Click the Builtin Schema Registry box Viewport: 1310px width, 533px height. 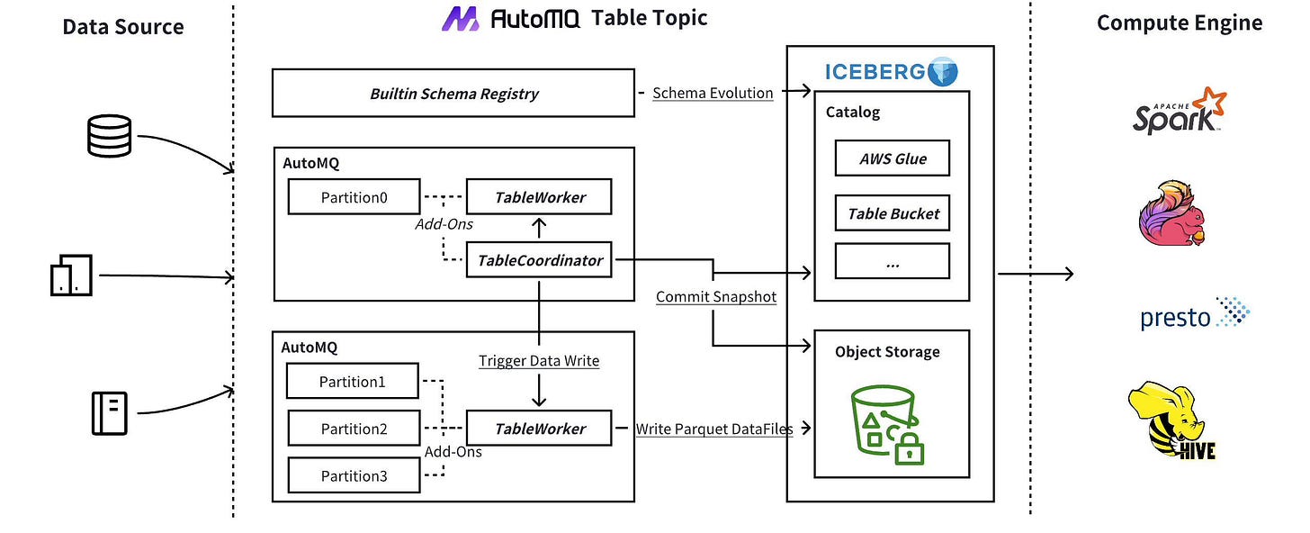coord(453,95)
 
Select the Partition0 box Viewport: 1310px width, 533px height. coord(354,197)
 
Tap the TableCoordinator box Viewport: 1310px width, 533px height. coord(539,260)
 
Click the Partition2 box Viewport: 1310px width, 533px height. coord(354,429)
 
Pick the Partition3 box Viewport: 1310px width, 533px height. coord(354,475)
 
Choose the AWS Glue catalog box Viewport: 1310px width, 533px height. coord(892,159)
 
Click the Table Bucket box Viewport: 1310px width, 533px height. coord(892,213)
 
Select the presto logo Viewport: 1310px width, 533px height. coord(1195,315)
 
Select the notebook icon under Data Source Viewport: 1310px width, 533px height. coord(109,413)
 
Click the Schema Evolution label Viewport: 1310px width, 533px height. coord(713,93)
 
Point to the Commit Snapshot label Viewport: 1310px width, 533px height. coord(715,296)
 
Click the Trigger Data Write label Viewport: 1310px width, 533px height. coord(538,361)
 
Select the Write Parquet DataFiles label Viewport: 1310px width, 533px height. coord(714,429)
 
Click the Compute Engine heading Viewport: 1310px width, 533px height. coord(1179,23)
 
